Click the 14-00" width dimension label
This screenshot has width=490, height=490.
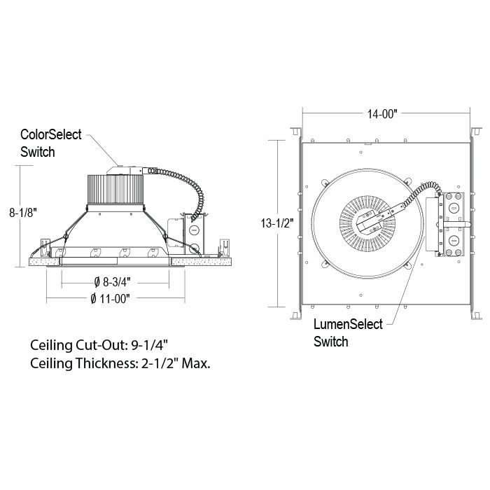click(x=382, y=113)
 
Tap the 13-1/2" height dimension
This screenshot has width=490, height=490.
click(x=277, y=223)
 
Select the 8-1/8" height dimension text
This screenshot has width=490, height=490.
click(x=23, y=213)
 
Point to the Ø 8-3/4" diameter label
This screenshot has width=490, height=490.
click(x=113, y=282)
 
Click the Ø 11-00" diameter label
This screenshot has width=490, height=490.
click(x=110, y=299)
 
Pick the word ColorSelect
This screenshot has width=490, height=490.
click(x=51, y=134)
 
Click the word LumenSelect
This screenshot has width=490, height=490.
click(x=348, y=324)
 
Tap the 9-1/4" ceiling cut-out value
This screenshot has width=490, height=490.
click(x=149, y=345)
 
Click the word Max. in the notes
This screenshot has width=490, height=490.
click(x=196, y=363)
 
